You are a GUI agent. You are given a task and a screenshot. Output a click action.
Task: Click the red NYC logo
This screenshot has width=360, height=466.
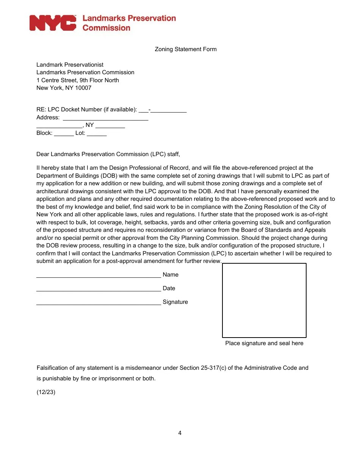[x=53, y=23]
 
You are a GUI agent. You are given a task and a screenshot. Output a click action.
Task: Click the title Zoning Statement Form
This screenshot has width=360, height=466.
[x=186, y=49]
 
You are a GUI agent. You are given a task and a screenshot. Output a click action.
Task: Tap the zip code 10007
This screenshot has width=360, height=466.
[x=83, y=88]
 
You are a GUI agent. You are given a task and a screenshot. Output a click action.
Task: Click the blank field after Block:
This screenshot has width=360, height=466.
[x=64, y=134]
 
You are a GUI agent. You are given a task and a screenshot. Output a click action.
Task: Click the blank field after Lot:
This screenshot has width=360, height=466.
[x=99, y=134]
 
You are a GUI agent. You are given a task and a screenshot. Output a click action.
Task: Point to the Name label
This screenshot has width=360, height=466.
[x=171, y=275]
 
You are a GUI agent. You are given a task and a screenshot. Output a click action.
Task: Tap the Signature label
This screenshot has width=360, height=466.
[x=175, y=302]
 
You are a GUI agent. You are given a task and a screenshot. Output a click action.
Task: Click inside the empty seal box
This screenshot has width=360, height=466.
[x=264, y=300]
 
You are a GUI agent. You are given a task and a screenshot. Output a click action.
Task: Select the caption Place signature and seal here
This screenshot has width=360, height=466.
[x=264, y=343]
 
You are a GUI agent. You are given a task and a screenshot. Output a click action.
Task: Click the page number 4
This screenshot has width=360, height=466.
[x=180, y=433]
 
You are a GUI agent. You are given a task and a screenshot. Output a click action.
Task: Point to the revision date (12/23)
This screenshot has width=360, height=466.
[x=46, y=392]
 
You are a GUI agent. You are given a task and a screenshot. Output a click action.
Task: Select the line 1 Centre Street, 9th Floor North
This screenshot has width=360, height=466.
[x=78, y=80]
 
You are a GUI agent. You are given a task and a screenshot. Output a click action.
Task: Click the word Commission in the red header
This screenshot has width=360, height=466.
[x=106, y=28]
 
